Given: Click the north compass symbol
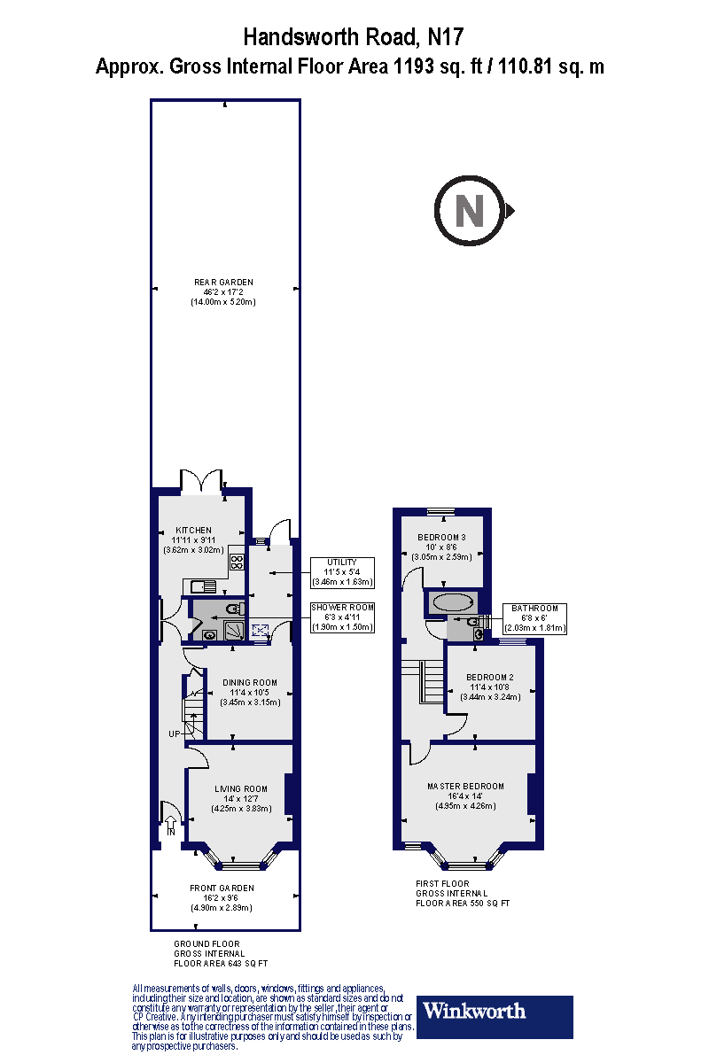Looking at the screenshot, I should (471, 211).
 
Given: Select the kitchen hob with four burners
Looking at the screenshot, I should (238, 561).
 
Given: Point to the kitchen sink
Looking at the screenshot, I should (203, 586).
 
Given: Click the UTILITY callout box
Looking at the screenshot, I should (343, 572).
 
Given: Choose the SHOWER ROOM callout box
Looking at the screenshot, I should (342, 617).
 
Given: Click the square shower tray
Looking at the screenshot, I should (236, 630).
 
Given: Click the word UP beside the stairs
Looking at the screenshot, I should (175, 734).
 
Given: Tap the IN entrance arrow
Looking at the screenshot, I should (171, 827).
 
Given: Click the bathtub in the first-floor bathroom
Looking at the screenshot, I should (453, 601).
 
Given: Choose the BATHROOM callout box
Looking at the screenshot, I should (534, 617).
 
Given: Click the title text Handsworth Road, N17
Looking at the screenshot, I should (353, 37).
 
